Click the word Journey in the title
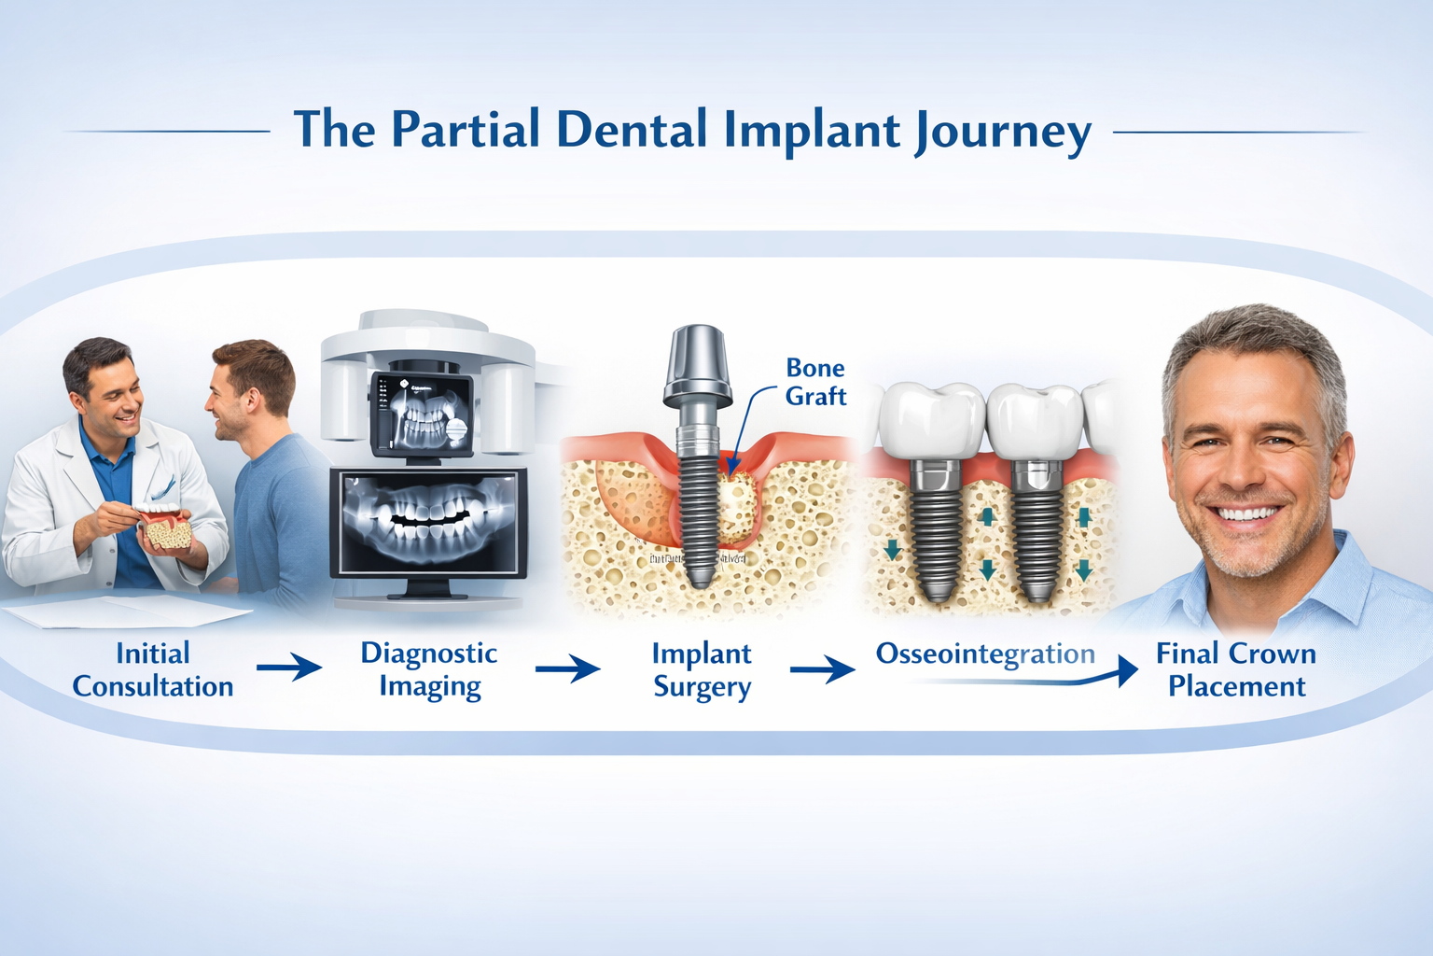click(1002, 131)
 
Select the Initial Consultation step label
click(153, 669)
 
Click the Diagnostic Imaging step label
click(429, 669)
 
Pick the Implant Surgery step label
click(702, 669)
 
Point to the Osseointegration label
click(985, 654)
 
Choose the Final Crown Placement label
click(1236, 669)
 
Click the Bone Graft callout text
click(815, 382)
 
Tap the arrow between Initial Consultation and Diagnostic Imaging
click(289, 668)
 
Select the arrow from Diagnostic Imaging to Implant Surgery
click(567, 668)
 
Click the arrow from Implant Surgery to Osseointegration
click(822, 669)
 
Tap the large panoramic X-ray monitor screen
click(429, 522)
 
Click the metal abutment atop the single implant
click(696, 364)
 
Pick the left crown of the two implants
click(931, 421)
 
